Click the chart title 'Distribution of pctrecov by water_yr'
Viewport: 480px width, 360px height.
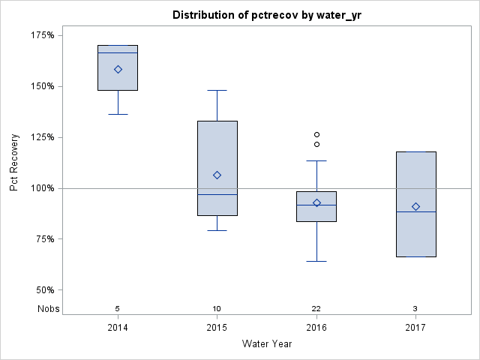pos(267,15)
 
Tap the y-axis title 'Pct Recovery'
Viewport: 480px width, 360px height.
pos(14,163)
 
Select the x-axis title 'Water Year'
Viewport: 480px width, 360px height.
pos(267,343)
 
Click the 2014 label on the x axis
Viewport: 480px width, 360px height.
pos(118,328)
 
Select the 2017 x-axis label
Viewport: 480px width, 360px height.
pos(415,328)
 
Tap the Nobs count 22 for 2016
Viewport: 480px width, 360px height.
pos(316,308)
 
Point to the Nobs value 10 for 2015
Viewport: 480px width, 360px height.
pos(217,308)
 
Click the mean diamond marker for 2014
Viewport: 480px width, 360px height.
pos(118,69)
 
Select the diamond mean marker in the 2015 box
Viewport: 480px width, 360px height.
pos(217,175)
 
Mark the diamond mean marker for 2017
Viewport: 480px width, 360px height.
pos(415,206)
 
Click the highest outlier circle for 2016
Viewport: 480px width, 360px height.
pos(316,134)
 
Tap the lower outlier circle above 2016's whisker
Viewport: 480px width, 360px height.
pos(316,144)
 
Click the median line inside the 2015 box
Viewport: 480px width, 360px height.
pos(217,194)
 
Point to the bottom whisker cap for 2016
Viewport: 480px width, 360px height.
pos(316,261)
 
